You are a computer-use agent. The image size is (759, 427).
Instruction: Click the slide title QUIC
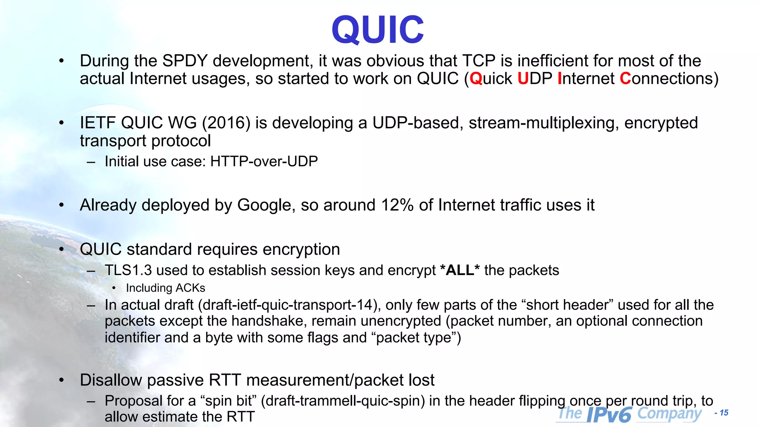click(378, 30)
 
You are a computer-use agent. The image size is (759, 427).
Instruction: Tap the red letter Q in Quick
click(475, 79)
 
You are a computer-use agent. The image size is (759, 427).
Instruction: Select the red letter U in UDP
click(523, 79)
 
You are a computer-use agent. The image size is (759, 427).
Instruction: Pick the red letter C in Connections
click(625, 79)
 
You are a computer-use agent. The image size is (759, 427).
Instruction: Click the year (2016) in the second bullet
click(226, 123)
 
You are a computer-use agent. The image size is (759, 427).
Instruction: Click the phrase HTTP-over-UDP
click(264, 161)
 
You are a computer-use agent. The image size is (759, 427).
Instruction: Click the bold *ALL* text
click(460, 270)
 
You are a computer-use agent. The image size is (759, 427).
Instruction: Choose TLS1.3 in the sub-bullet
click(128, 270)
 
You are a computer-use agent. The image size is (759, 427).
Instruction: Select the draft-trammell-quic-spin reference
click(343, 401)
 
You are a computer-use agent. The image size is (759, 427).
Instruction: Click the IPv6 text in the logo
click(609, 414)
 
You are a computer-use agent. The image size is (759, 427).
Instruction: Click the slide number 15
click(724, 413)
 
